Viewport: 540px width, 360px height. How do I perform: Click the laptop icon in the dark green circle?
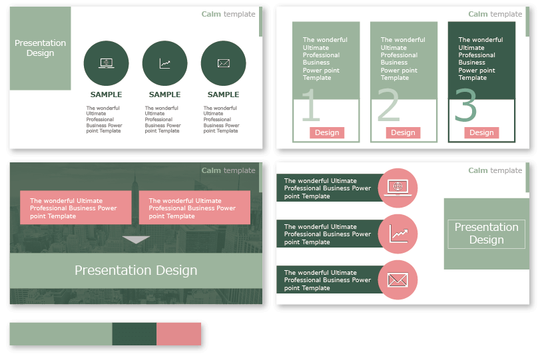pos(107,63)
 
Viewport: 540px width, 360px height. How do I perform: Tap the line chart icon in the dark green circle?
pos(164,63)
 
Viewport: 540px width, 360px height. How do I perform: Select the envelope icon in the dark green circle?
pos(223,63)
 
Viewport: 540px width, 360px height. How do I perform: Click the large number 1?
pos(310,106)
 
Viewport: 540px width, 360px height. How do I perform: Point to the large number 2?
pos(389,106)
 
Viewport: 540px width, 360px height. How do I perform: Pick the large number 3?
pos(466,106)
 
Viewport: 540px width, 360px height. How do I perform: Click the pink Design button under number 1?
pos(327,132)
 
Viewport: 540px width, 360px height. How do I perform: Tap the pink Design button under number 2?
pos(403,132)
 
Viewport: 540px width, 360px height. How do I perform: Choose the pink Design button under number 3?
pos(481,132)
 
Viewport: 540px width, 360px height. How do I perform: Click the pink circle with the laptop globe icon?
pos(398,188)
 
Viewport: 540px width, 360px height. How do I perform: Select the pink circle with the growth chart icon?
pos(398,234)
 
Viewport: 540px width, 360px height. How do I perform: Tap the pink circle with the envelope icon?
pos(398,280)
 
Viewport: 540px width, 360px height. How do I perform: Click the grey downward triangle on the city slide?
pos(136,240)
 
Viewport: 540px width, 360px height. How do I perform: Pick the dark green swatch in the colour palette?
pos(134,333)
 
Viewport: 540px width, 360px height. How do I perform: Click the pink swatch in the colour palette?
pos(178,333)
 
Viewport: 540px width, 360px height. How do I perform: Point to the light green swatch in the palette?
pos(61,333)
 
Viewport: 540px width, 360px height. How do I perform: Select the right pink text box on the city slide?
pos(194,208)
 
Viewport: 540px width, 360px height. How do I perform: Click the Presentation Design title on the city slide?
pos(136,270)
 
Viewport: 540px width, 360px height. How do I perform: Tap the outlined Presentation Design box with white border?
pos(486,234)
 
